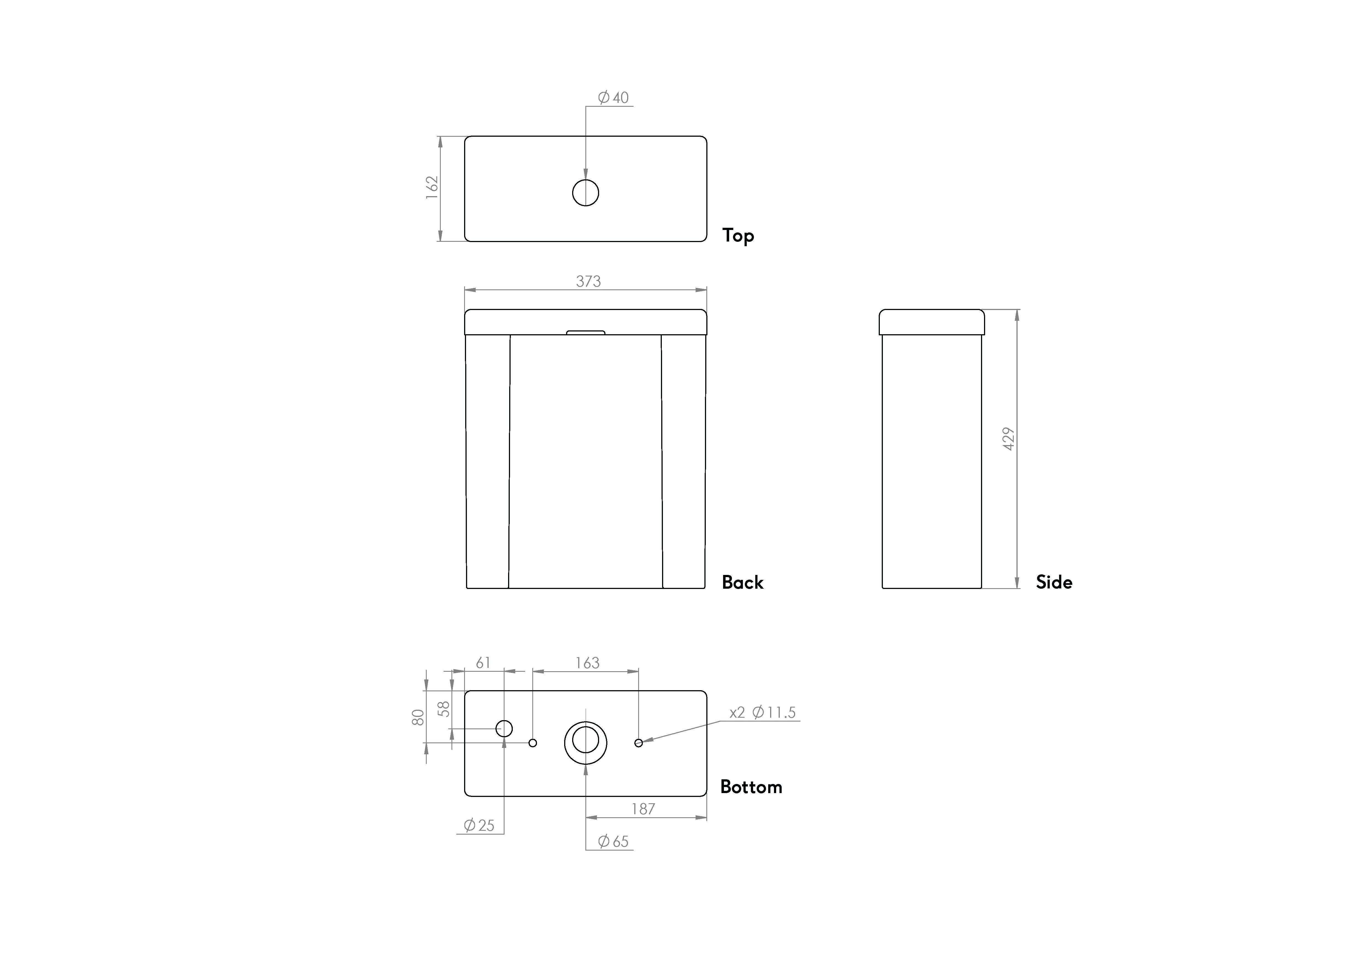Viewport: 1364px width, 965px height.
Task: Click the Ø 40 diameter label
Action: click(x=613, y=97)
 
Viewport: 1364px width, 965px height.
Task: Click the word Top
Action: click(x=738, y=235)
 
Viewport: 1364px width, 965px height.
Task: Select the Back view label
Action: click(x=742, y=582)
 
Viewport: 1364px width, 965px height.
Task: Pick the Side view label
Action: click(x=1054, y=582)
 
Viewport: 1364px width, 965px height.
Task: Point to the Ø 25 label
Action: click(x=479, y=825)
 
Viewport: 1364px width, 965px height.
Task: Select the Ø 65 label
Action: click(x=613, y=841)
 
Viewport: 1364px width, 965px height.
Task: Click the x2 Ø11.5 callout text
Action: click(x=763, y=712)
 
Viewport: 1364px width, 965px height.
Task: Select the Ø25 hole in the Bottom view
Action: click(x=504, y=728)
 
